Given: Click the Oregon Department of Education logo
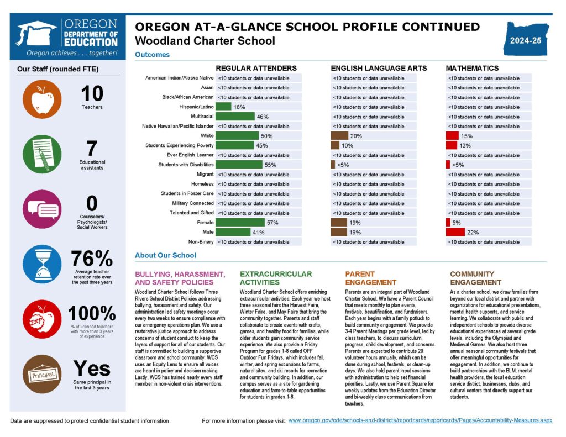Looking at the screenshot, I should coord(67,39).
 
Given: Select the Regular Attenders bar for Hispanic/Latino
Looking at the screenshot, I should coord(223,107).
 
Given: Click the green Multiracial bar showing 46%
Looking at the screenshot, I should coord(235,117).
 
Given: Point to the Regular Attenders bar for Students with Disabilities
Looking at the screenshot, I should coord(239,165).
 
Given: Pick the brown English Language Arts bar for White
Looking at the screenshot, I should coord(339,136).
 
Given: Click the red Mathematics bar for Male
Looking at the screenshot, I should coord(455,233).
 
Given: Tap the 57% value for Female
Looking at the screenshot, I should coord(272,223).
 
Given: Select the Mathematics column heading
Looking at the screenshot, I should coord(472,68).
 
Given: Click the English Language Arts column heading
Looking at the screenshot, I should coord(379,68).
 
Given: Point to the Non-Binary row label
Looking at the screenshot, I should coord(201,242).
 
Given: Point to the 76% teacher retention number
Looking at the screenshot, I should coord(92,258).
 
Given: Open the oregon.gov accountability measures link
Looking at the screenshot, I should coord(420,420).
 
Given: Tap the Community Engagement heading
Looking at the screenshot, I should coord(472,278).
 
